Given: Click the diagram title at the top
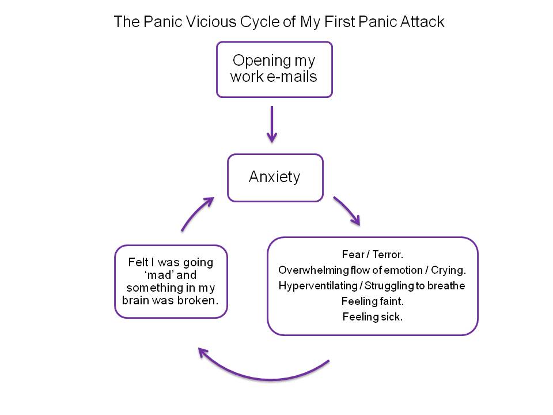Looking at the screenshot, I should [x=279, y=22].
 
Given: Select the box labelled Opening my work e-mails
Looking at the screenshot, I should [x=274, y=69].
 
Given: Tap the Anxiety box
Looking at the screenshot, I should [x=275, y=177].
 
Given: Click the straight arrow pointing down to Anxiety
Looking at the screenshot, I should [x=272, y=123].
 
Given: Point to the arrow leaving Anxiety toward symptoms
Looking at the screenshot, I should [x=347, y=210].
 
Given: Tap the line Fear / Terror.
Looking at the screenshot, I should [x=372, y=254].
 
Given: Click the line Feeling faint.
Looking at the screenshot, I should [x=372, y=301].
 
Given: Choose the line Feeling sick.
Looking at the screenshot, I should [x=372, y=316].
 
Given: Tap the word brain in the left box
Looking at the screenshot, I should [x=137, y=300].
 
